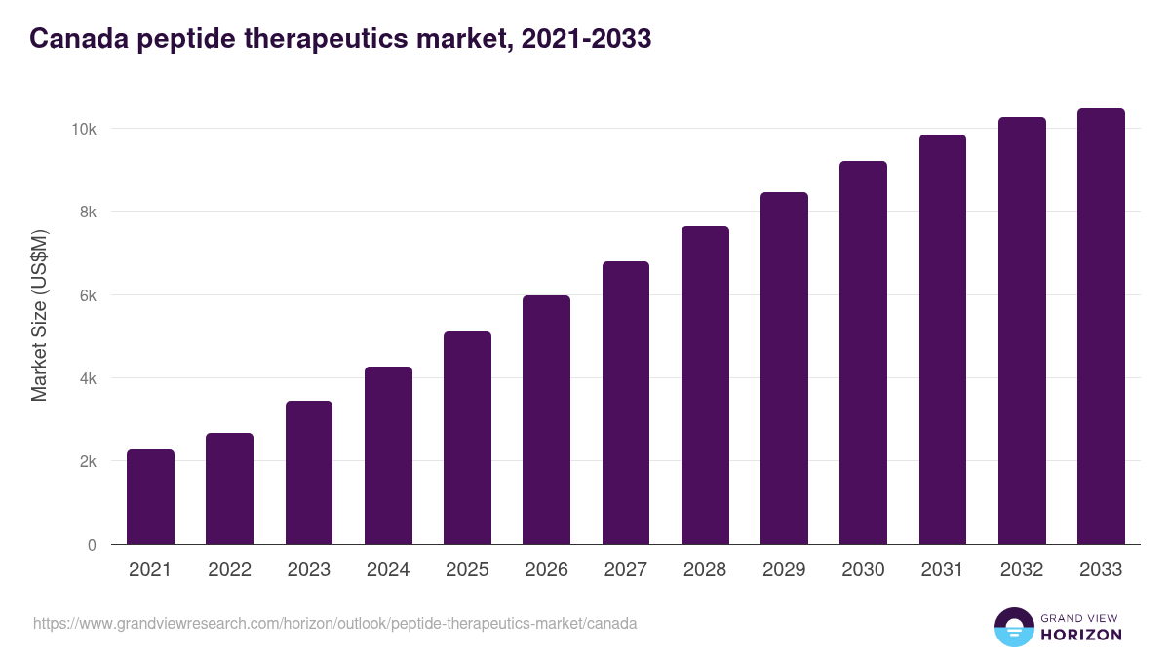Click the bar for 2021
click(x=150, y=497)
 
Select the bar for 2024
click(x=388, y=455)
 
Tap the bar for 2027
click(x=626, y=403)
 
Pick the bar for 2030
click(x=863, y=353)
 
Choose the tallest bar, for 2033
click(x=1101, y=327)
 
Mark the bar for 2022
click(x=229, y=488)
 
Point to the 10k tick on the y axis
click(x=85, y=130)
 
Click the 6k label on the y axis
click(x=88, y=295)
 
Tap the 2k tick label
click(x=88, y=462)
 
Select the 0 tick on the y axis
click(x=92, y=545)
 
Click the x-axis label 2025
click(x=467, y=570)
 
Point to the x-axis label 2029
click(x=784, y=570)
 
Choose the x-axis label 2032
click(x=1022, y=570)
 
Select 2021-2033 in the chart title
click(x=586, y=39)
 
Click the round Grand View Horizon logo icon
click(x=1013, y=628)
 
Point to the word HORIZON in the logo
click(x=1081, y=635)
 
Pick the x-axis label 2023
click(x=308, y=570)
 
